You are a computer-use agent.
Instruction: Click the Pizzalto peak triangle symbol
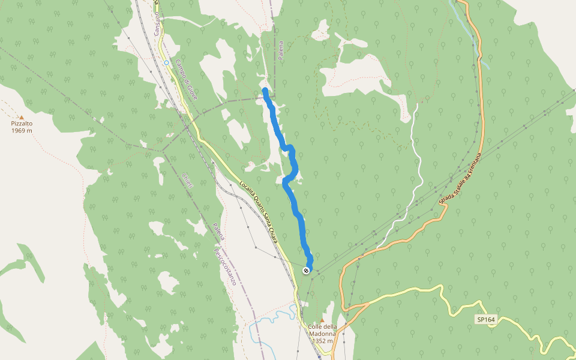[x=22, y=118]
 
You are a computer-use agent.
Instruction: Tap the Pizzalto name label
[x=22, y=124]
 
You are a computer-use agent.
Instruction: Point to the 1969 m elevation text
[x=22, y=130]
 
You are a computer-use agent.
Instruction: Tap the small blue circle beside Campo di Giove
[x=166, y=62]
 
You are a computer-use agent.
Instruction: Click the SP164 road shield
[x=486, y=320]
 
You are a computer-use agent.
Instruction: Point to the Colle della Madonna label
[x=323, y=326]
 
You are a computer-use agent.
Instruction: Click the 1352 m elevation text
[x=323, y=341]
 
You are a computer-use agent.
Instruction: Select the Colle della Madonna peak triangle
[x=323, y=320]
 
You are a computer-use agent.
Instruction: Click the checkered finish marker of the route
[x=307, y=271]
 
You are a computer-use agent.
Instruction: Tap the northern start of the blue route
[x=265, y=90]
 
